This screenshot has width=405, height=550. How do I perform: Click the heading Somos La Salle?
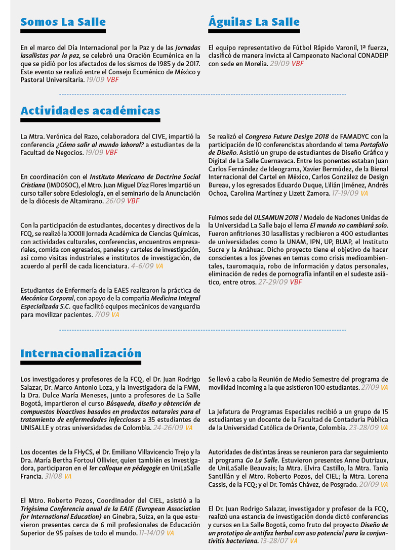tap(63, 22)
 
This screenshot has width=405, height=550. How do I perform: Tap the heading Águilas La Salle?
tap(254, 22)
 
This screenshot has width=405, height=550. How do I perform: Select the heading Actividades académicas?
tap(90, 111)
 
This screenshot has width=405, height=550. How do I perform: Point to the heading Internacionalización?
tap(80, 353)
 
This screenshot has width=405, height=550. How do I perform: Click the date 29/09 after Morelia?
tap(279, 64)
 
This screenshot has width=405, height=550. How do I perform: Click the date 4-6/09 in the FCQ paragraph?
tap(142, 265)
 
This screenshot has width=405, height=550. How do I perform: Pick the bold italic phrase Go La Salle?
tap(262, 460)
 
